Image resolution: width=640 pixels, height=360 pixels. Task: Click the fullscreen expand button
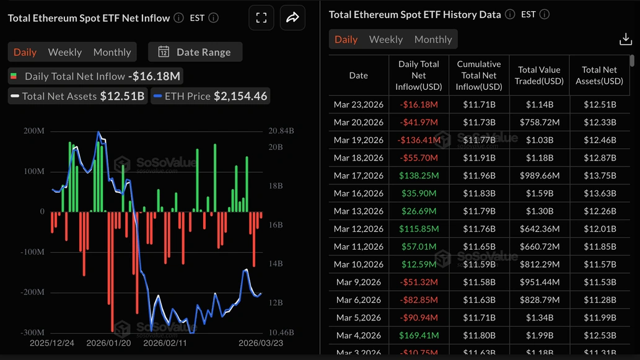[x=261, y=18]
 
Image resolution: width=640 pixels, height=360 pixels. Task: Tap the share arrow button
[x=292, y=18]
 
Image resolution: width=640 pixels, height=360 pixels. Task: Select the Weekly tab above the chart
[x=65, y=52]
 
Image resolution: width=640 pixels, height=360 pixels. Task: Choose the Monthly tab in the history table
[x=433, y=39]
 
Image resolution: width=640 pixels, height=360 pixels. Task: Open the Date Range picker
[x=195, y=52]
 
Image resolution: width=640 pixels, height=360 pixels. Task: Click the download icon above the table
[x=625, y=40]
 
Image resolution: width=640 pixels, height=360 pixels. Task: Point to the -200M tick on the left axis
[x=34, y=292]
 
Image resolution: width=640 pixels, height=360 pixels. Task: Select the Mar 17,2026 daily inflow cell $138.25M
[x=419, y=175]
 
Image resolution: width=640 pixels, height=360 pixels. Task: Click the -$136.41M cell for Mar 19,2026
[x=419, y=140]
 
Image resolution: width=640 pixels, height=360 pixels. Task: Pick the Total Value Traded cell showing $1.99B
[x=539, y=336]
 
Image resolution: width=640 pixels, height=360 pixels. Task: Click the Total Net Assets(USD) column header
[x=599, y=76]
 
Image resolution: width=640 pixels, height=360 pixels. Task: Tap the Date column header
[x=358, y=76]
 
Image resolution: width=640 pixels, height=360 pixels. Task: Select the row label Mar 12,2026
[x=358, y=229]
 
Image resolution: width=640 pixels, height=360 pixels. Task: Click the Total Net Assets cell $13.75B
[x=599, y=175]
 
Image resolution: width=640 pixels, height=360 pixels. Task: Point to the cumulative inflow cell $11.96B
[x=478, y=175]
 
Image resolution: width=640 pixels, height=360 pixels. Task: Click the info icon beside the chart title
[x=178, y=18]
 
